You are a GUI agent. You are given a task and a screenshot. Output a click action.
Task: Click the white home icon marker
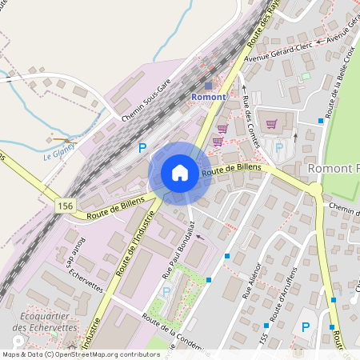[x=180, y=173]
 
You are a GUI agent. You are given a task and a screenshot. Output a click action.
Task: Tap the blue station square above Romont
[x=209, y=86]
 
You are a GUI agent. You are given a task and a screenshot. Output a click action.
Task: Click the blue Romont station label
[x=209, y=97]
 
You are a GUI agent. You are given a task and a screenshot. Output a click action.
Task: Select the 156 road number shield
[x=66, y=206]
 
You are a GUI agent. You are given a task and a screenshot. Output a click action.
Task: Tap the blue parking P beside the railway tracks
[x=142, y=147]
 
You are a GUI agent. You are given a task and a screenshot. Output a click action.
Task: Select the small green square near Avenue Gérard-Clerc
[x=305, y=76]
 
